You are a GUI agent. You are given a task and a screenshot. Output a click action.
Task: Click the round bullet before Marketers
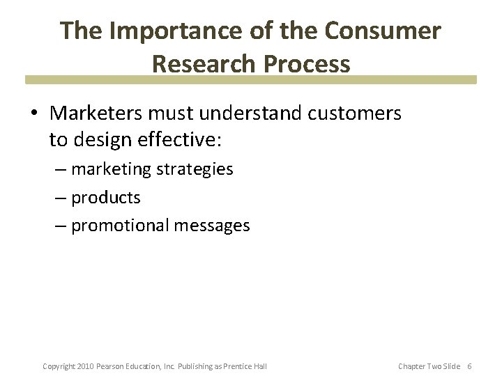pyautogui.click(x=36, y=113)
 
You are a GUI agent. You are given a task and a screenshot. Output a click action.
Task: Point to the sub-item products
pyautogui.click(x=106, y=198)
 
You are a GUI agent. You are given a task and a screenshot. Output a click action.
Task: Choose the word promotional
pyautogui.click(x=121, y=226)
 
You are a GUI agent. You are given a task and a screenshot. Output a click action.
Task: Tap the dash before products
pyautogui.click(x=61, y=198)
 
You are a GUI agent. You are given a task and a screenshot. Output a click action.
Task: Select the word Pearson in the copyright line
pyautogui.click(x=109, y=366)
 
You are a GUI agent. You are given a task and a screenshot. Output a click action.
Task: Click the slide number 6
pyautogui.click(x=469, y=366)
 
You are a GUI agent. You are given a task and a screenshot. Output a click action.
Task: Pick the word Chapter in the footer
pyautogui.click(x=411, y=366)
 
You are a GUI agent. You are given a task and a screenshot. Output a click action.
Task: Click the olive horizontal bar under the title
pyautogui.click(x=251, y=80)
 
